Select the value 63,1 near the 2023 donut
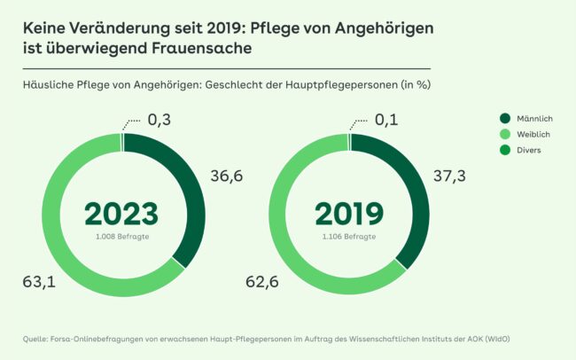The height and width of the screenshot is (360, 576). pyautogui.click(x=38, y=282)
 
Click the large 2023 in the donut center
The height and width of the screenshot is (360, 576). pyautogui.click(x=121, y=214)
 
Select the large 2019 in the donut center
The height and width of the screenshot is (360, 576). pyautogui.click(x=349, y=214)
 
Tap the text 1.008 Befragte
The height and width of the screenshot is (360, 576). pyautogui.click(x=121, y=237)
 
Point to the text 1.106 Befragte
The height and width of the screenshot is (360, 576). pyautogui.click(x=349, y=237)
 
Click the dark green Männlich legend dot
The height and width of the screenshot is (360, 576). pyautogui.click(x=505, y=118)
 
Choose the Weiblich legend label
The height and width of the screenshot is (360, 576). pyautogui.click(x=534, y=134)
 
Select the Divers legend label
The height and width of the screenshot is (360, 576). pyautogui.click(x=530, y=150)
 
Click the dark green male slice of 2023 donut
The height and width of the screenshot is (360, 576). pyautogui.click(x=190, y=195)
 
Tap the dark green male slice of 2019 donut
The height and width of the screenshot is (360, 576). pyautogui.click(x=417, y=195)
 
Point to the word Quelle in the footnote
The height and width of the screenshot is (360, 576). pyautogui.click(x=38, y=339)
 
